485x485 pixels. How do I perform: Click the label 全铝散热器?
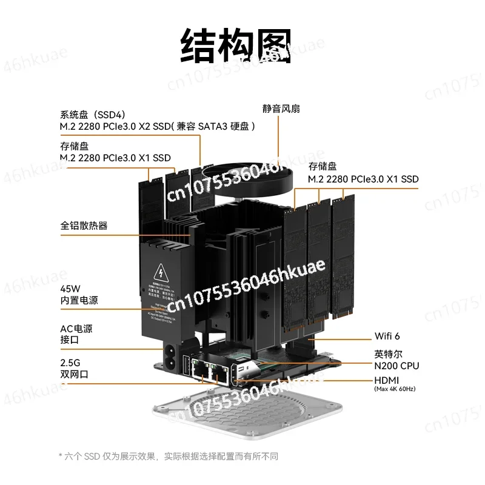pos(84,226)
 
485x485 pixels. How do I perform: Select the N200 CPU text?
pos(396,366)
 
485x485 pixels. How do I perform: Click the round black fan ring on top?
pos(249,176)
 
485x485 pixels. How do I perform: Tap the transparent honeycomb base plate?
pos(249,418)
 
